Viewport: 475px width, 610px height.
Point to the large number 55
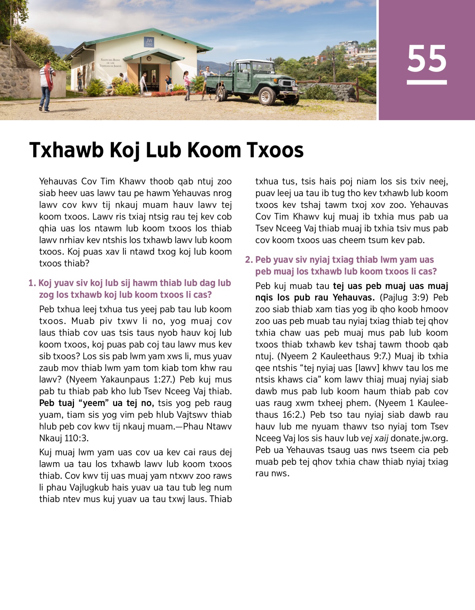point(427,59)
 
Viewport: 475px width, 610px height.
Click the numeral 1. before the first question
point(32,283)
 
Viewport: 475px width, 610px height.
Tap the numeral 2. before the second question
point(249,260)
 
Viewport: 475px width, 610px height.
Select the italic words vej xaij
point(374,438)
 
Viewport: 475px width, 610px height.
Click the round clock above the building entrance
point(149,59)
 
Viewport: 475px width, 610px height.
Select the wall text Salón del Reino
point(110,60)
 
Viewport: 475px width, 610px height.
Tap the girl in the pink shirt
point(186,84)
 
